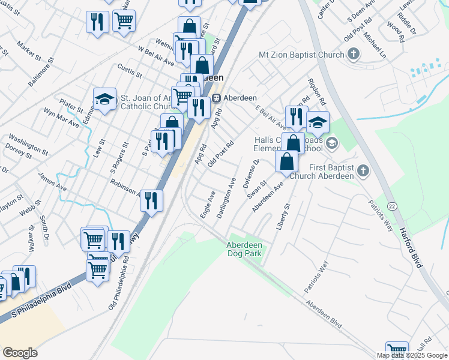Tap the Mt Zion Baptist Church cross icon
click(354, 55)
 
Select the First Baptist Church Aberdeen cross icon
click(363, 172)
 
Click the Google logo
click(20, 353)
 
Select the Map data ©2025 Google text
click(412, 355)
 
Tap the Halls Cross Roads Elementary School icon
click(333, 144)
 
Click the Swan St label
click(259, 187)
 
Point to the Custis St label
click(130, 71)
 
